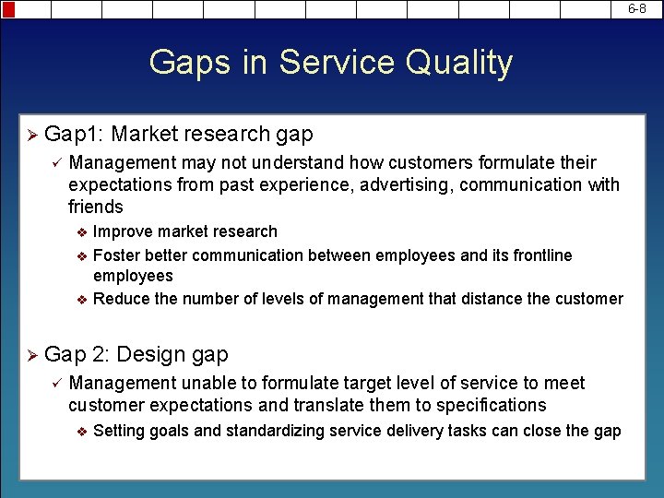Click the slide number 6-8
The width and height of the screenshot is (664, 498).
pyautogui.click(x=637, y=8)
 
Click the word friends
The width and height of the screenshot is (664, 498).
pyautogui.click(x=96, y=207)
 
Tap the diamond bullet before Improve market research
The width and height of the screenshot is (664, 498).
pyautogui.click(x=81, y=232)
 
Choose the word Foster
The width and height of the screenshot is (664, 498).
pyautogui.click(x=116, y=255)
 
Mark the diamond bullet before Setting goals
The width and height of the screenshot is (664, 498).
pyautogui.click(x=81, y=432)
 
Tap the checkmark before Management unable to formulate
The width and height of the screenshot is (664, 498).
pyautogui.click(x=55, y=384)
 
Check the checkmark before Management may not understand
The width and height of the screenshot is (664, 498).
pyautogui.click(x=55, y=163)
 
